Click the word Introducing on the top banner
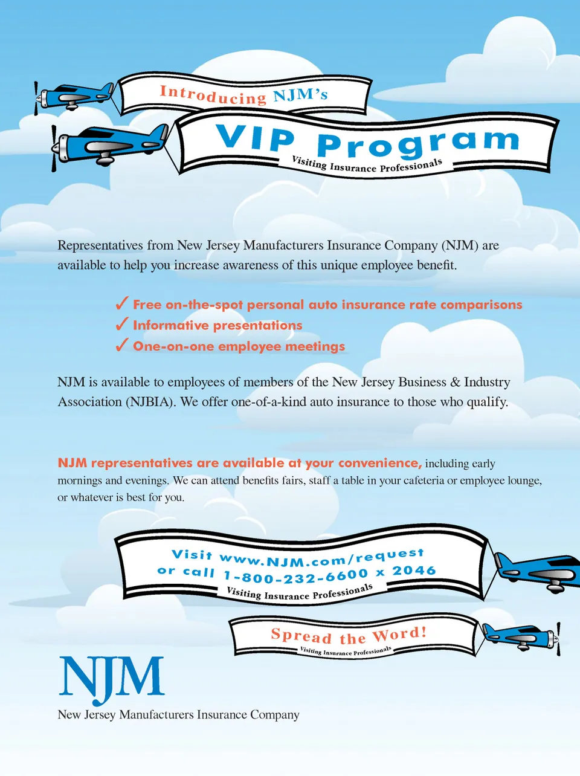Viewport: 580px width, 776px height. (x=213, y=94)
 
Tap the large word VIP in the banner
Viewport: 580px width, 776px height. (x=255, y=138)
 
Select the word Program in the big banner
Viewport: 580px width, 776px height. (x=417, y=143)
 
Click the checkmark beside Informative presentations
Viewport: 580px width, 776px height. (x=122, y=325)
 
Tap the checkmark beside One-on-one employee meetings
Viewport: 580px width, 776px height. (x=122, y=345)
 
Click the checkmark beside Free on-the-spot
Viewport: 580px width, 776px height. (x=122, y=303)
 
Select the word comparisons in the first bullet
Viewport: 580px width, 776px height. (x=481, y=305)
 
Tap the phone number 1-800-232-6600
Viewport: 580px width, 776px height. (x=295, y=576)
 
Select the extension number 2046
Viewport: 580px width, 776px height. (x=414, y=571)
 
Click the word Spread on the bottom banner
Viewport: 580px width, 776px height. (x=301, y=636)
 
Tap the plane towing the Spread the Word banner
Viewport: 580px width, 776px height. (x=521, y=636)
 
